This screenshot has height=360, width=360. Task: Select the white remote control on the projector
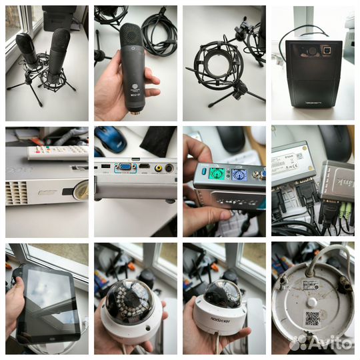[57, 152]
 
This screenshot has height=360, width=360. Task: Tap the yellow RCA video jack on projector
[159, 168]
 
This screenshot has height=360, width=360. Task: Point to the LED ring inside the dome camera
[130, 299]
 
